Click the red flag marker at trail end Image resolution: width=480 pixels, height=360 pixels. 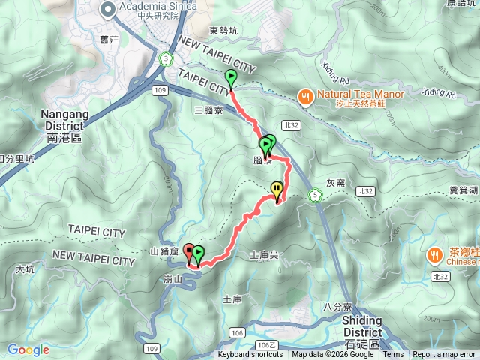[x=188, y=251]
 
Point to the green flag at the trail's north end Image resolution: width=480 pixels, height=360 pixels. [x=230, y=76]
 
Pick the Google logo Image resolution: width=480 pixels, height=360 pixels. [x=28, y=349]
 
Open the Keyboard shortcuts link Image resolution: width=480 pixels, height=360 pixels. [x=251, y=355]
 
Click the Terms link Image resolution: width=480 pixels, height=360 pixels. [x=392, y=355]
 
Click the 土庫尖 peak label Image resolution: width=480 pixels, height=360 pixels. [x=263, y=256]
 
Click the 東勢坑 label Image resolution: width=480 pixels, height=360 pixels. [x=223, y=31]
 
